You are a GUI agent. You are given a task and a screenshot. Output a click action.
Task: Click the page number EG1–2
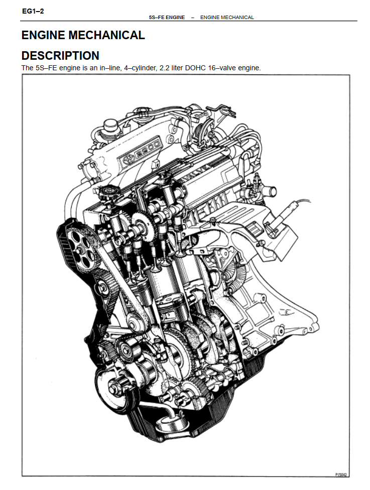33,11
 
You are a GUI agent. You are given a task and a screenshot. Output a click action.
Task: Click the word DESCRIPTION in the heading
60,56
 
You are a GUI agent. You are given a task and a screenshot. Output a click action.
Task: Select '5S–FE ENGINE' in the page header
167,18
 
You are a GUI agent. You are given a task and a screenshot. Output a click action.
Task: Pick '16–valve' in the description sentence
221,68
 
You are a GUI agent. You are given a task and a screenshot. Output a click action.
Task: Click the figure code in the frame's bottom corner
341,474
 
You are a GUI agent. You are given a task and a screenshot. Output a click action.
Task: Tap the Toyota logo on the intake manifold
127,160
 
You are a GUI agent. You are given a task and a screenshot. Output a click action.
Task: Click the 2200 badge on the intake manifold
147,149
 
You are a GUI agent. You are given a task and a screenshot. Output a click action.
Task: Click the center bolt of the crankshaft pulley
113,390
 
